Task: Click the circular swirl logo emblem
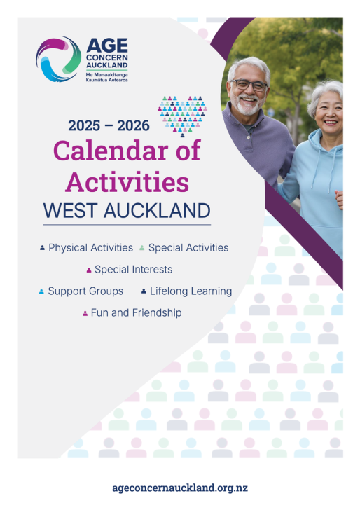pyautogui.click(x=59, y=59)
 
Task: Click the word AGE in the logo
pyautogui.click(x=107, y=46)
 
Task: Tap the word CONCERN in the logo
pyautogui.click(x=107, y=57)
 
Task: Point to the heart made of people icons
pyautogui.click(x=182, y=116)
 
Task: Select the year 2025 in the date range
pyautogui.click(x=84, y=125)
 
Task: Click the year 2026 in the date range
pyautogui.click(x=133, y=125)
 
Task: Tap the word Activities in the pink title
pyautogui.click(x=127, y=181)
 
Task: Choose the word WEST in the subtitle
pyautogui.click(x=70, y=210)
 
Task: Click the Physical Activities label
pyautogui.click(x=91, y=248)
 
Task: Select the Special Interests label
pyautogui.click(x=133, y=269)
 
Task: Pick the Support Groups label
pyautogui.click(x=85, y=291)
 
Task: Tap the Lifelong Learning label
pyautogui.click(x=191, y=291)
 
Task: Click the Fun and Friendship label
pyautogui.click(x=137, y=312)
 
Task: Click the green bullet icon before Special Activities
pyautogui.click(x=141, y=248)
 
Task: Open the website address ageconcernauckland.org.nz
pyautogui.click(x=180, y=488)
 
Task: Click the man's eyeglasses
pyautogui.click(x=249, y=85)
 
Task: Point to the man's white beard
pyautogui.click(x=248, y=106)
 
